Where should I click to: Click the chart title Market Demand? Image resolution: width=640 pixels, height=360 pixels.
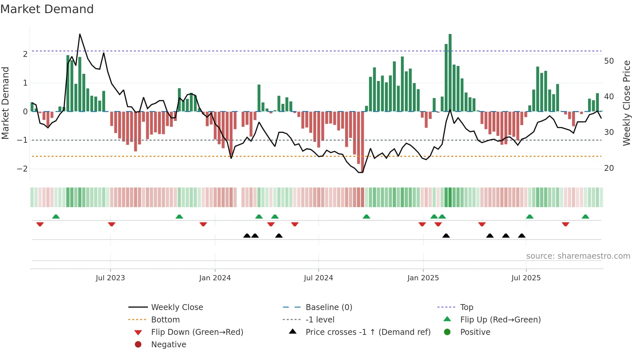point(47,9)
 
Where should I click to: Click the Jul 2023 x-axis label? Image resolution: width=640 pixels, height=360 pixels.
point(110,278)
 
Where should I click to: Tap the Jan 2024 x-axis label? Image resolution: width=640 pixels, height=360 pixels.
point(215,278)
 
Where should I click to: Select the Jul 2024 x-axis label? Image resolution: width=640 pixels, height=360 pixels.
point(318,278)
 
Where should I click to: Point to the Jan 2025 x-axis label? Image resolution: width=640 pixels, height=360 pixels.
point(423,278)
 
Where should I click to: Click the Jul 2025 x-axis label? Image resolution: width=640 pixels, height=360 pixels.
point(526,278)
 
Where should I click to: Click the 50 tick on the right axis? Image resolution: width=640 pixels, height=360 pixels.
point(609,61)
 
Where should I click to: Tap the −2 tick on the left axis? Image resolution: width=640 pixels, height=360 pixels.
point(22,169)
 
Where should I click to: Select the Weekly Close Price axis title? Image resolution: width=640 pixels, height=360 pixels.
point(626,103)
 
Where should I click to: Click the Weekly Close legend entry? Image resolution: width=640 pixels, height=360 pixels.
point(177,307)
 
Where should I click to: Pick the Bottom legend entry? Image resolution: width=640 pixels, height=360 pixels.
point(165,320)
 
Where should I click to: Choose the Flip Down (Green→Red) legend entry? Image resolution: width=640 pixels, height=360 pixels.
point(197,332)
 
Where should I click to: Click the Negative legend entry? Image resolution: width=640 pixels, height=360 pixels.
point(168,345)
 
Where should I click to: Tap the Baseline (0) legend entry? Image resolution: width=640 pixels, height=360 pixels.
point(328,307)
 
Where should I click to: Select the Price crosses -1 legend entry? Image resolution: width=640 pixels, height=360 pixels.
point(368,332)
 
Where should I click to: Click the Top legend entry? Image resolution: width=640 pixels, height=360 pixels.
point(466,307)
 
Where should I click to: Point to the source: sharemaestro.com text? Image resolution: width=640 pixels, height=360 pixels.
point(578,256)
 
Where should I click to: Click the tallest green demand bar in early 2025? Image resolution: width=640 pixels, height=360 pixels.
point(450,72)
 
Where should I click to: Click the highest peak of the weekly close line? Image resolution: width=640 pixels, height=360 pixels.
point(80,34)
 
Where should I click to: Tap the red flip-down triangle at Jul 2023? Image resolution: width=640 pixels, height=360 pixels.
point(112,224)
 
